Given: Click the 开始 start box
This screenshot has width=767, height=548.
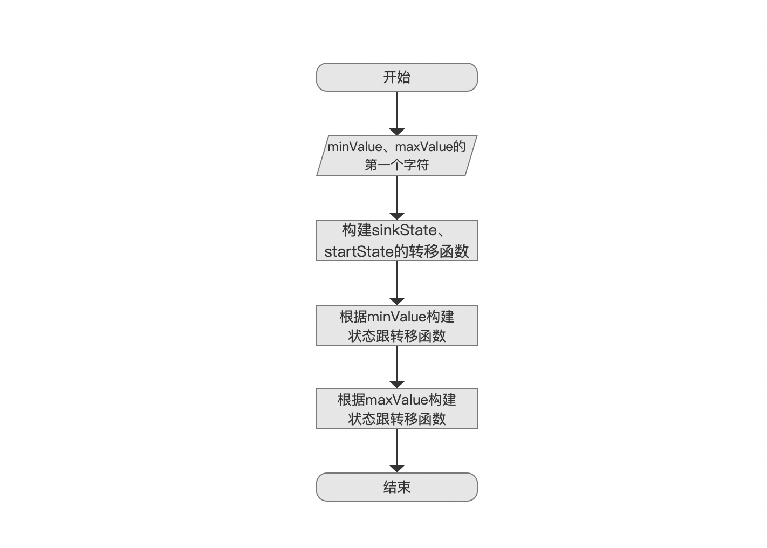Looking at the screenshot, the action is pyautogui.click(x=397, y=77).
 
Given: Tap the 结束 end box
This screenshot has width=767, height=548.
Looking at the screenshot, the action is pyautogui.click(x=397, y=487).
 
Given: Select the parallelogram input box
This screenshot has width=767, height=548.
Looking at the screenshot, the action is pyautogui.click(x=397, y=155).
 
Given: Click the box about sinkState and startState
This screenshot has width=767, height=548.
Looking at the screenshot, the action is pyautogui.click(x=397, y=241).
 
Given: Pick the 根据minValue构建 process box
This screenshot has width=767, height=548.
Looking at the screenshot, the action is pyautogui.click(x=397, y=326).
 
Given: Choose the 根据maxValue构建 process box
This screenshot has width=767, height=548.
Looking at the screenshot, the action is pyautogui.click(x=397, y=409).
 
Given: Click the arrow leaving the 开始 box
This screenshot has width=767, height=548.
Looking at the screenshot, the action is pyautogui.click(x=397, y=113).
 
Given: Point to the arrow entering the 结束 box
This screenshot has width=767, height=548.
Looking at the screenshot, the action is pyautogui.click(x=397, y=451).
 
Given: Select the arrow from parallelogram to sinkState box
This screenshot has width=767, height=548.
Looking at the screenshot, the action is pyautogui.click(x=397, y=198).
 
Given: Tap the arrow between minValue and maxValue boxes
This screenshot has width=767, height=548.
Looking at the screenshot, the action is pyautogui.click(x=397, y=367).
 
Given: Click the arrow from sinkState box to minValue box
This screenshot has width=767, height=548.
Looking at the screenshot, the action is pyautogui.click(x=397, y=283).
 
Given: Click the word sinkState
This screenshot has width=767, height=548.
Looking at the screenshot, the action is pyautogui.click(x=405, y=230).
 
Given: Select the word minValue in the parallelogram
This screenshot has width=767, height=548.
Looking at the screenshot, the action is pyautogui.click(x=355, y=147).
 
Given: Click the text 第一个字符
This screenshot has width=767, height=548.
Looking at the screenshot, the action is pyautogui.click(x=397, y=165).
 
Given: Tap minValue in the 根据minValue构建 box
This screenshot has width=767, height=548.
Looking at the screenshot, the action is pyautogui.click(x=396, y=317).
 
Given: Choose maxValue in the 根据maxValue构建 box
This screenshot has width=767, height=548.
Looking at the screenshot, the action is pyautogui.click(x=397, y=400).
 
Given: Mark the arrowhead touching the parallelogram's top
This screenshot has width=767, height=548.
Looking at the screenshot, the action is pyautogui.click(x=397, y=132).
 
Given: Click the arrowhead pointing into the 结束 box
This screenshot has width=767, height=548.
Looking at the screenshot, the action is pyautogui.click(x=397, y=469).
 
